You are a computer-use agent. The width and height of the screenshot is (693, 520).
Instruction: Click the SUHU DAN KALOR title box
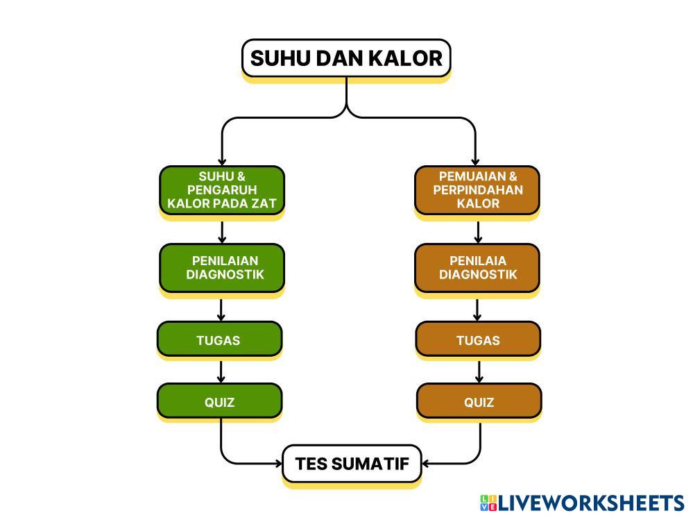(x=346, y=58)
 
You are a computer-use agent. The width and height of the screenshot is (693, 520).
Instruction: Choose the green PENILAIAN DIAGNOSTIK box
(x=222, y=268)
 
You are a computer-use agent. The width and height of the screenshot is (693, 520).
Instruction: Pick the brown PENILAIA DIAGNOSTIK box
(x=477, y=268)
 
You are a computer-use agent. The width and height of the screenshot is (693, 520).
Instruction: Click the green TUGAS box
(x=219, y=339)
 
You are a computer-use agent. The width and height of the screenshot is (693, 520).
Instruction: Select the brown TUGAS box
(x=478, y=339)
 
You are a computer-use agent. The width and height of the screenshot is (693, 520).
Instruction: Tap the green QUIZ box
(x=219, y=401)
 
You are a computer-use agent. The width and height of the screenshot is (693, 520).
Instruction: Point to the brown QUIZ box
(x=479, y=401)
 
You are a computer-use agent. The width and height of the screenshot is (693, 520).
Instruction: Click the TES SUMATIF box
(x=352, y=464)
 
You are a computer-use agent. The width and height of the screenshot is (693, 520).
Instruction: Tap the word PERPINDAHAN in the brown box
(x=478, y=190)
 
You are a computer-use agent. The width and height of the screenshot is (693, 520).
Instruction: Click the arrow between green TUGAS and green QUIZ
(x=221, y=371)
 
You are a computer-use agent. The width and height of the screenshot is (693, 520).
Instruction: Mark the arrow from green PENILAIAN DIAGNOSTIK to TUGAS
(x=221, y=310)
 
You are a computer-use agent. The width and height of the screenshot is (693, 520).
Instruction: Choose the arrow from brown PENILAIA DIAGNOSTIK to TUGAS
(x=478, y=310)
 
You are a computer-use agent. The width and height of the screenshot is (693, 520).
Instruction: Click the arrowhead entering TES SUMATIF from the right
(x=427, y=463)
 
